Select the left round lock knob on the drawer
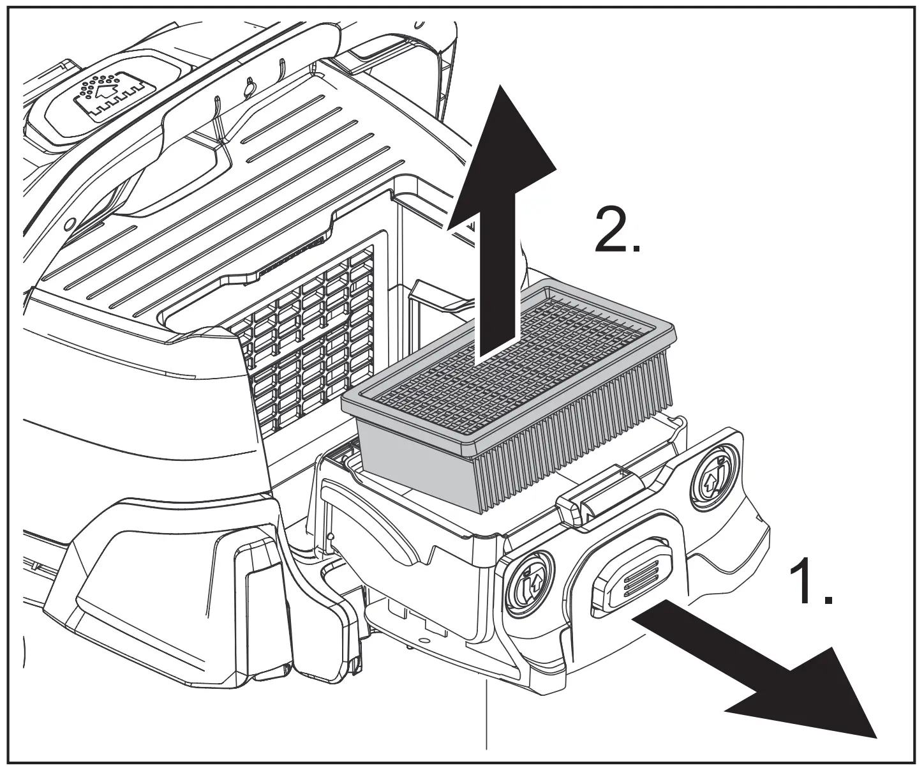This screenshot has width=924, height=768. tap(527, 582)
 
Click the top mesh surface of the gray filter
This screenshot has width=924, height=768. tap(517, 358)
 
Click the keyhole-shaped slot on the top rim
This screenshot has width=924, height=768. tap(250, 89)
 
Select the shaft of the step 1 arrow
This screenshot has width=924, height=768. tap(696, 645)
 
